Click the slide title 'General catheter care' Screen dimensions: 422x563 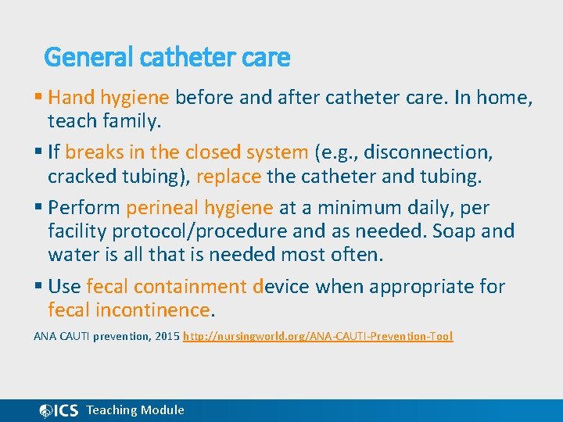[167, 57]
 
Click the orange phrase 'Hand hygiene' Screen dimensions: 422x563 [109, 98]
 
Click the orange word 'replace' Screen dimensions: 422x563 [229, 176]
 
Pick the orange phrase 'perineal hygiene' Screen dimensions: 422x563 [199, 208]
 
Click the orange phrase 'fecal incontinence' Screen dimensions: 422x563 [129, 310]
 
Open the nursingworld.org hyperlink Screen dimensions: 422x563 [317, 337]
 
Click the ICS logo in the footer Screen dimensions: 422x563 [59, 410]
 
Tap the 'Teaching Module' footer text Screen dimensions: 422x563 [135, 410]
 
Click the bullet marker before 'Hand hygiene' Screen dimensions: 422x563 [39, 98]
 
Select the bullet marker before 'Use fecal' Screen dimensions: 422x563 [39, 287]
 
